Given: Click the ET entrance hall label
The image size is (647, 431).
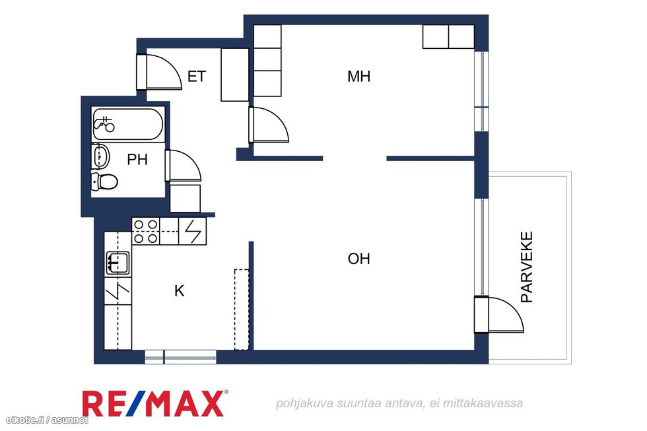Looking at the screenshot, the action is [x=197, y=77].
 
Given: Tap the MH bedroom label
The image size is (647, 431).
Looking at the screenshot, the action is [x=358, y=77].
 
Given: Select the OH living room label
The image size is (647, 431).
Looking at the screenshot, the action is [x=358, y=259].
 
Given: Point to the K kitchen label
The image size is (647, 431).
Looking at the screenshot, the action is [x=179, y=291].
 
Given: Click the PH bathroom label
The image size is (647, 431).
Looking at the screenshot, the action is [x=137, y=160].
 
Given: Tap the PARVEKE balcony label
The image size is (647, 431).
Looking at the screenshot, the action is [x=527, y=267].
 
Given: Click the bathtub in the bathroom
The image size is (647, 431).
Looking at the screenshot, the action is [x=127, y=124].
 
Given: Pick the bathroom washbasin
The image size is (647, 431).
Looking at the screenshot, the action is [x=100, y=156].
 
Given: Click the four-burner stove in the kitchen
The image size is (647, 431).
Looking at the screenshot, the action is [x=146, y=232].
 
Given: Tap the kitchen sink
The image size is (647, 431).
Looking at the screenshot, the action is [x=118, y=263].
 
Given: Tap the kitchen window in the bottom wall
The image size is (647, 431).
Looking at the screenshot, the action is [x=180, y=357].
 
